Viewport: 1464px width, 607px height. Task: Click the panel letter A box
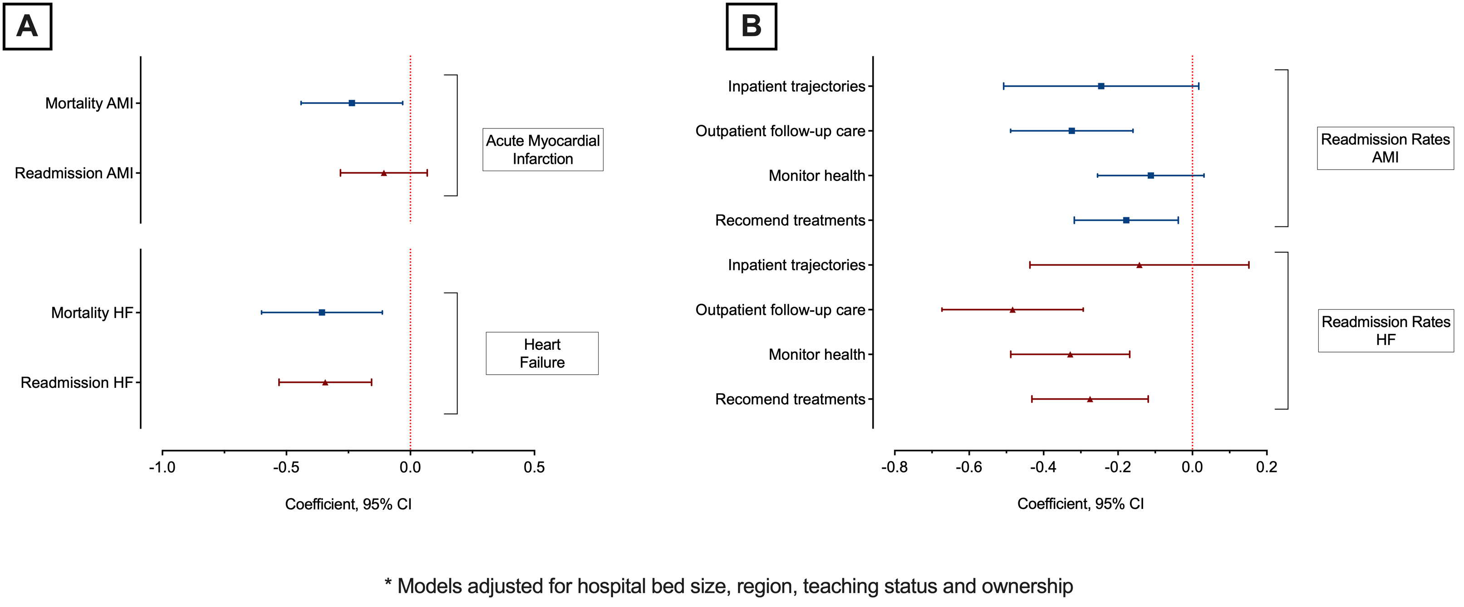27,27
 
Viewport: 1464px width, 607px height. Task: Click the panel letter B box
751,27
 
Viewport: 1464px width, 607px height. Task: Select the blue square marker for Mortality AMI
352,103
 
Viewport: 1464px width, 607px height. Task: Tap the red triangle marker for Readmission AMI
383,173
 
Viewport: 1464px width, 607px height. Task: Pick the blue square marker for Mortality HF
322,313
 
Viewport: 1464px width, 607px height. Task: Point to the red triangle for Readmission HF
325,382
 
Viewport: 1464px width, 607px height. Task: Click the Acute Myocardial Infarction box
543,149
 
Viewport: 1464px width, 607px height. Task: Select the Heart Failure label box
541,353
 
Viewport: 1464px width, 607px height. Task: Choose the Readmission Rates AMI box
1385,148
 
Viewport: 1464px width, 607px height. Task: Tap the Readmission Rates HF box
1385,331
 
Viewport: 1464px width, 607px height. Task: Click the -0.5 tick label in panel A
286,468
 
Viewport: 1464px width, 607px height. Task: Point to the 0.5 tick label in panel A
534,468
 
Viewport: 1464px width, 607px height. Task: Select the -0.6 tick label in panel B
968,467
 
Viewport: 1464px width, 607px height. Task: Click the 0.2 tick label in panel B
1267,467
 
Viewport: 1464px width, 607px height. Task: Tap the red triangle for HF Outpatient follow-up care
1012,310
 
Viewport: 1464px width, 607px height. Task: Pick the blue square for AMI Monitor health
1150,176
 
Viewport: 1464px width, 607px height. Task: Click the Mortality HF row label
92,313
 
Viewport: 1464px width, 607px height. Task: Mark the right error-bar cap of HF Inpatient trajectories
1248,265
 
